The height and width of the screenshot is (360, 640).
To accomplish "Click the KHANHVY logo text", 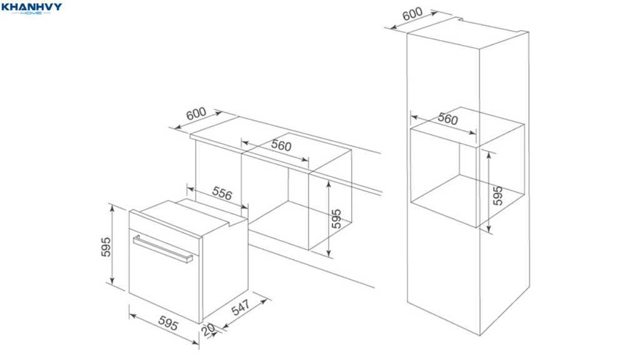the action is pyautogui.click(x=32, y=6).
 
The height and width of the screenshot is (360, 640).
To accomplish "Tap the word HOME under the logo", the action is pyautogui.click(x=31, y=13).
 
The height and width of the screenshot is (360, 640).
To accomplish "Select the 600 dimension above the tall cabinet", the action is pyautogui.click(x=412, y=14).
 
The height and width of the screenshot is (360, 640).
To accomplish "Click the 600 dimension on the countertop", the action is pyautogui.click(x=196, y=114).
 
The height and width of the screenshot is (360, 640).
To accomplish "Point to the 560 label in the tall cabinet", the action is pyautogui.click(x=447, y=119).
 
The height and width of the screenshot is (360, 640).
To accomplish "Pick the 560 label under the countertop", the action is pyautogui.click(x=281, y=145).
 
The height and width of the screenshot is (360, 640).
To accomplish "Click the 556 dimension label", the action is pyautogui.click(x=222, y=194).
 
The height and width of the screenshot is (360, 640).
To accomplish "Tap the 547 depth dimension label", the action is pyautogui.click(x=241, y=308).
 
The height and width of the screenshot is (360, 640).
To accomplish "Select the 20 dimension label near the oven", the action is pyautogui.click(x=208, y=330).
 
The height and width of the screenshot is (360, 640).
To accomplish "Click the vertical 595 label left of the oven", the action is pyautogui.click(x=106, y=247).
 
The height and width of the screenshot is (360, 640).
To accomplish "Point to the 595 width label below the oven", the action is pyautogui.click(x=168, y=324).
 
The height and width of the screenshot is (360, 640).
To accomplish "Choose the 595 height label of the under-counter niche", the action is pyautogui.click(x=336, y=219).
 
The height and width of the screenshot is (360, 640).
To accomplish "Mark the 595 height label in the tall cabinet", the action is pyautogui.click(x=497, y=196).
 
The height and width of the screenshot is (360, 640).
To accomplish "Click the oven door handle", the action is pyautogui.click(x=163, y=249).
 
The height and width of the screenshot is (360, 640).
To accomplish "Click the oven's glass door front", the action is pyautogui.click(x=165, y=276).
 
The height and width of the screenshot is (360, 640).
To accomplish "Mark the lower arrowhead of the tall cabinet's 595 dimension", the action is pyautogui.click(x=489, y=229).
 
